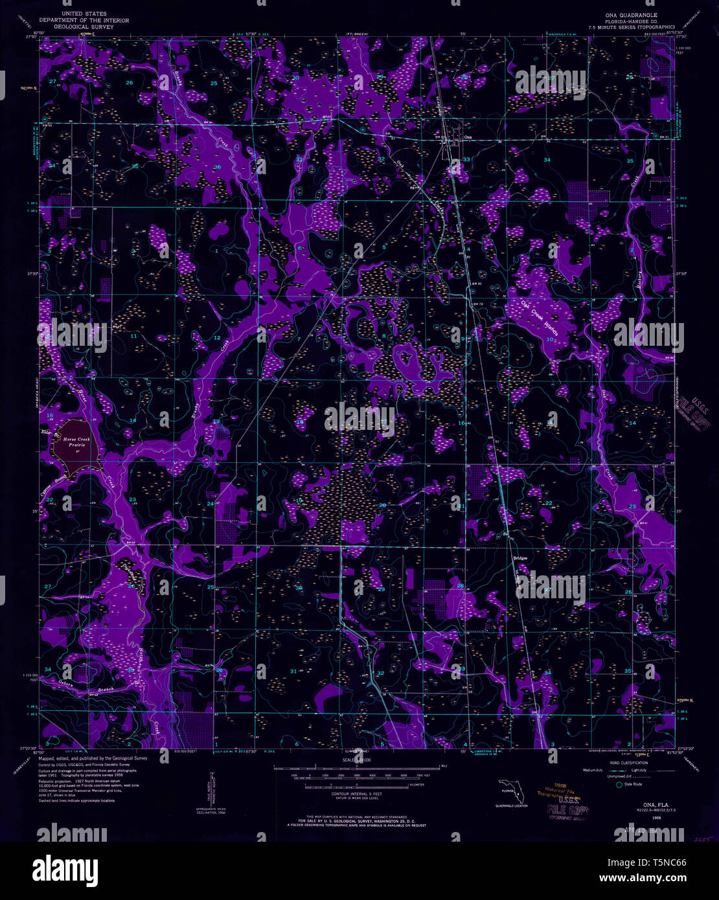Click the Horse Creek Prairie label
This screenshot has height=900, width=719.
click(79, 442)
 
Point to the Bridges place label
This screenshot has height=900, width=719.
click(520, 557)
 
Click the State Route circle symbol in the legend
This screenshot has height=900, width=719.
click(619, 784)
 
